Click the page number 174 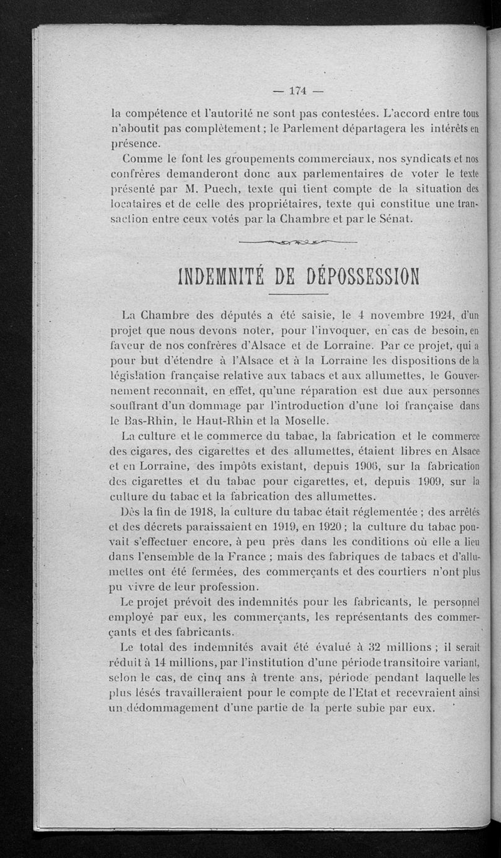click(297, 91)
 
